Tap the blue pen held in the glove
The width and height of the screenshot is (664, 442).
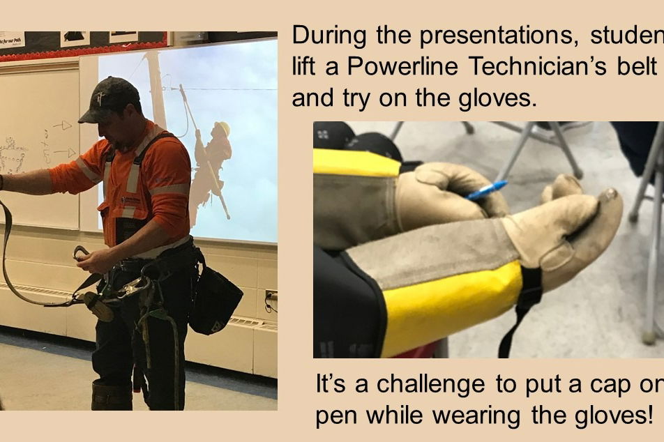coord(487,190)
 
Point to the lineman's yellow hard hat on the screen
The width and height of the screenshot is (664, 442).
coord(222,128)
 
